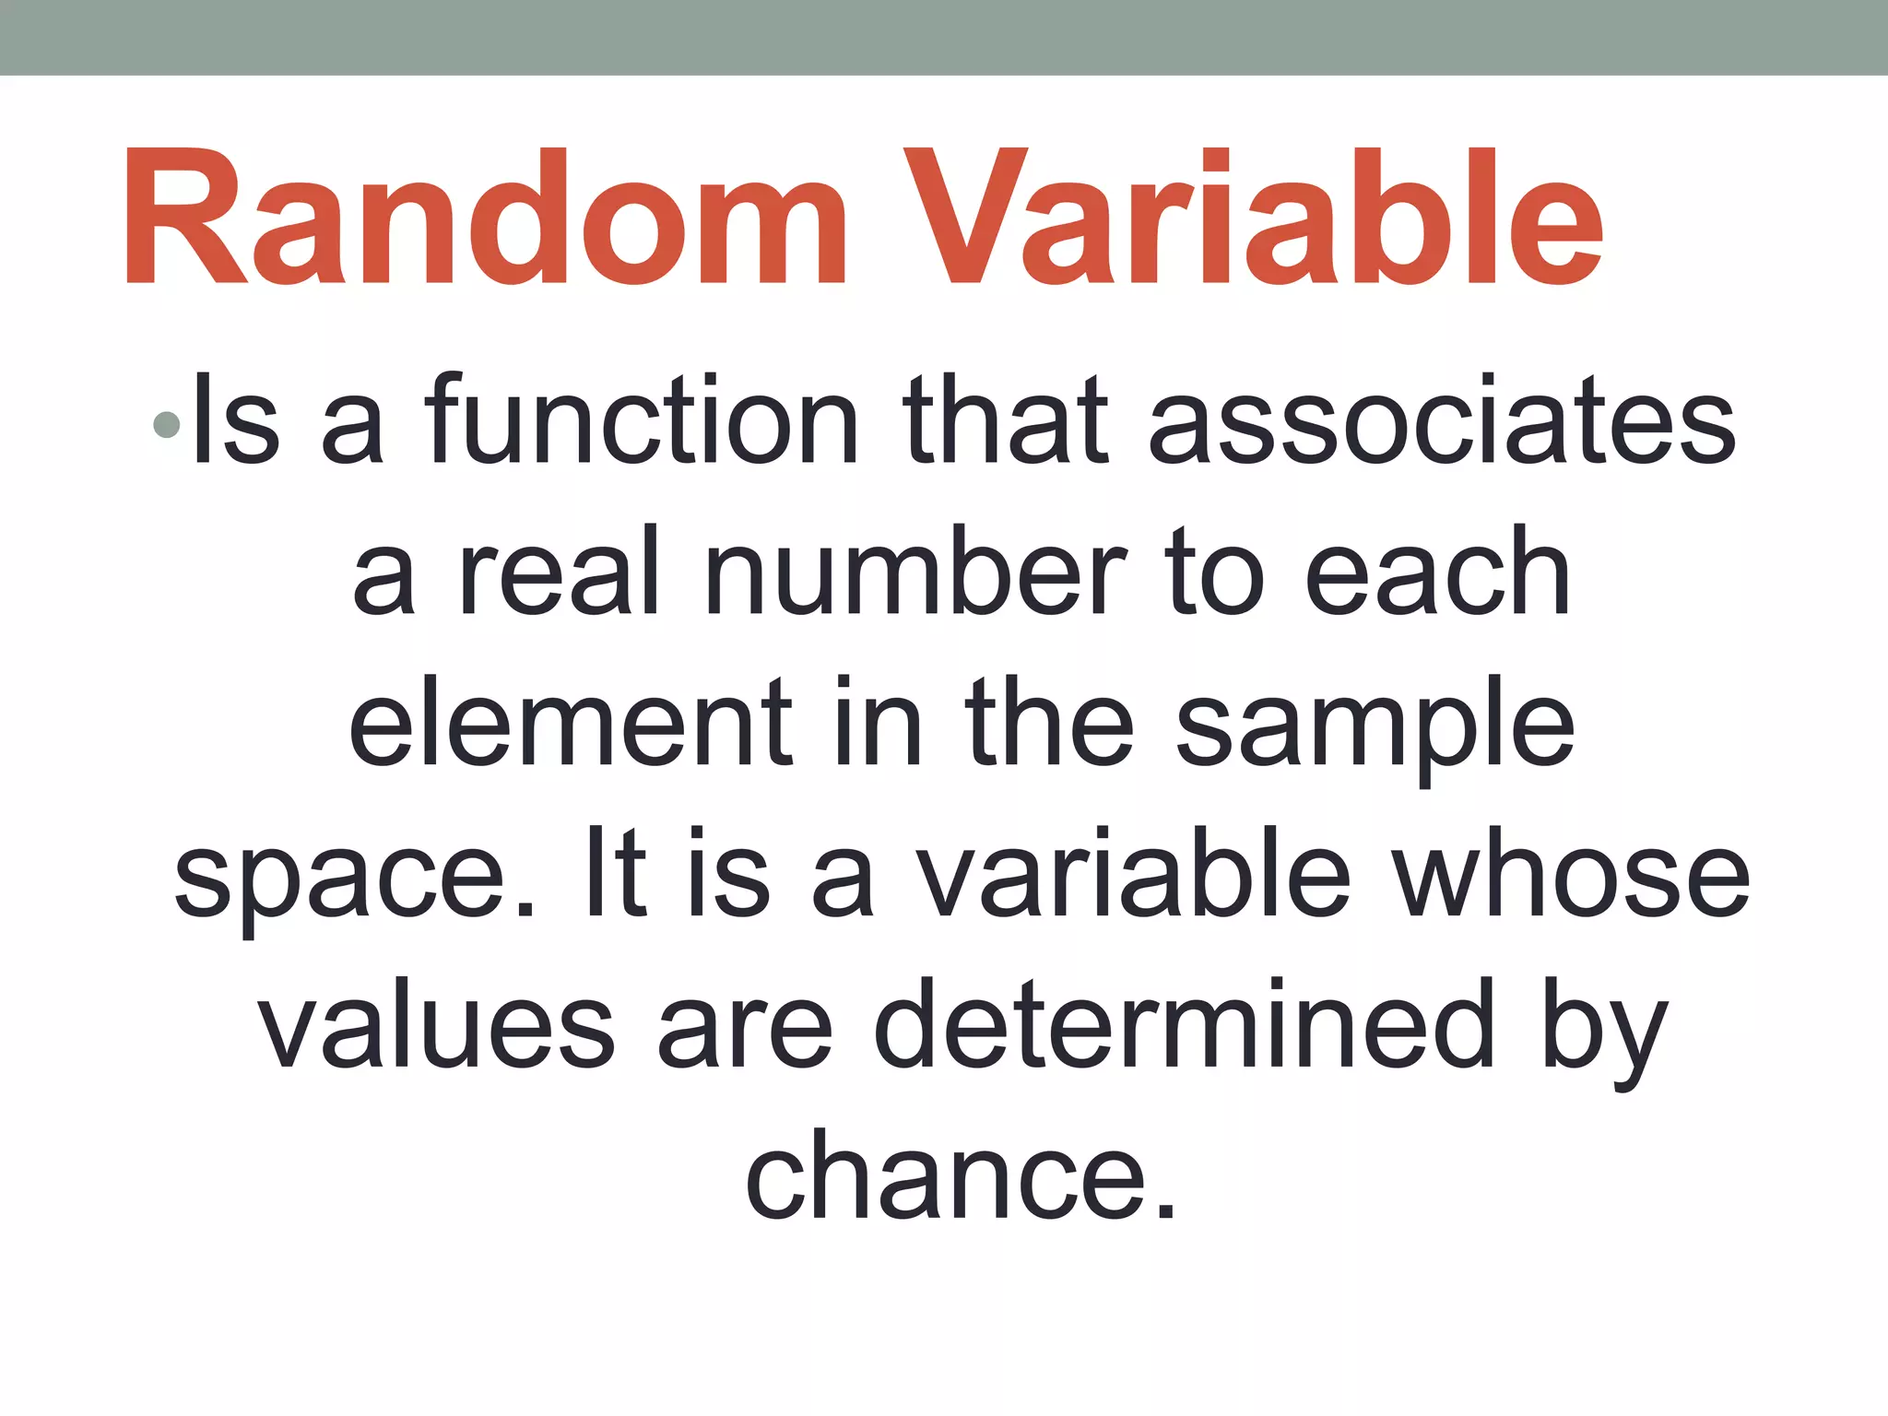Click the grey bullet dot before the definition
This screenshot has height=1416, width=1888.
click(167, 424)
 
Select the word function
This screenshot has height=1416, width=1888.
click(642, 420)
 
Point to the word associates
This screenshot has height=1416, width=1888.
click(1443, 420)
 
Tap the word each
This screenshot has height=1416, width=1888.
click(1438, 573)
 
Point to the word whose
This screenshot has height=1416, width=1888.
click(1571, 876)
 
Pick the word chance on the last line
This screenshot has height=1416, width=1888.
click(959, 1176)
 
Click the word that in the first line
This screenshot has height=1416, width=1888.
click(1005, 420)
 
